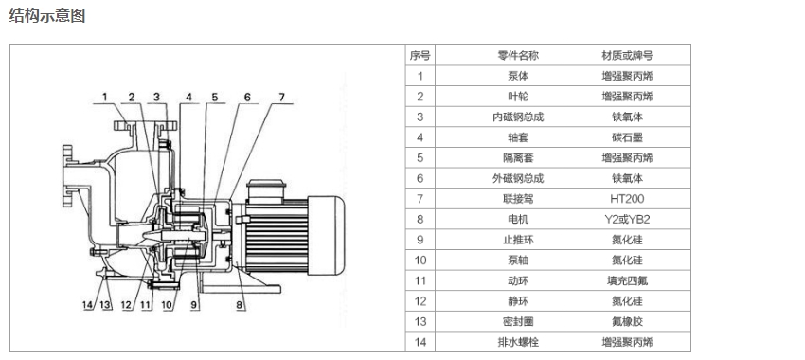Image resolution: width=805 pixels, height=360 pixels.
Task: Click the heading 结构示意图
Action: coord(47,15)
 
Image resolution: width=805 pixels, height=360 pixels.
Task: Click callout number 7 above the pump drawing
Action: coord(281,97)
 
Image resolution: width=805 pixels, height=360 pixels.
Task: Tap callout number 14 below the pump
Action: coord(88,304)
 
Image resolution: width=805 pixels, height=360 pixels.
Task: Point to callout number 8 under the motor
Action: coord(240,304)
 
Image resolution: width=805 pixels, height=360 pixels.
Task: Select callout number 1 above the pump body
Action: coord(105,97)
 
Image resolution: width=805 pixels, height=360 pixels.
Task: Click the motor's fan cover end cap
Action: coord(327,235)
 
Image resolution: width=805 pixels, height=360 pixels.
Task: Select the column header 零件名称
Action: coord(519,56)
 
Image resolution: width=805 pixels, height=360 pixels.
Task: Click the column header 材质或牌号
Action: coord(627,56)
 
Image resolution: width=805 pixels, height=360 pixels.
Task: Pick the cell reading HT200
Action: coord(627,199)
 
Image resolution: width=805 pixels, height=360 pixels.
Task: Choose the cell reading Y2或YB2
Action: coord(627,219)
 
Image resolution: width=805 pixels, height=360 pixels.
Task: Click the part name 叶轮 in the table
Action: coord(518,97)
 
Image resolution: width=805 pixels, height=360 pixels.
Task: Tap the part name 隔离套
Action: coord(518,157)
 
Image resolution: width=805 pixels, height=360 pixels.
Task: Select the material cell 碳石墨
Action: coord(627,137)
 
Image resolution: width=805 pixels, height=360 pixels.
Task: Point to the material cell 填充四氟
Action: coord(627,281)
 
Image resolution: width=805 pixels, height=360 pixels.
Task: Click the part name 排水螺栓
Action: coord(518,342)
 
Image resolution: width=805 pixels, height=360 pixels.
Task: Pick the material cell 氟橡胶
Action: coord(627,321)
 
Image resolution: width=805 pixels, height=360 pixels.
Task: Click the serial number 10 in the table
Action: coord(420,261)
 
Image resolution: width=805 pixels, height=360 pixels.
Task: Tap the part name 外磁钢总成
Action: coord(518,178)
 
